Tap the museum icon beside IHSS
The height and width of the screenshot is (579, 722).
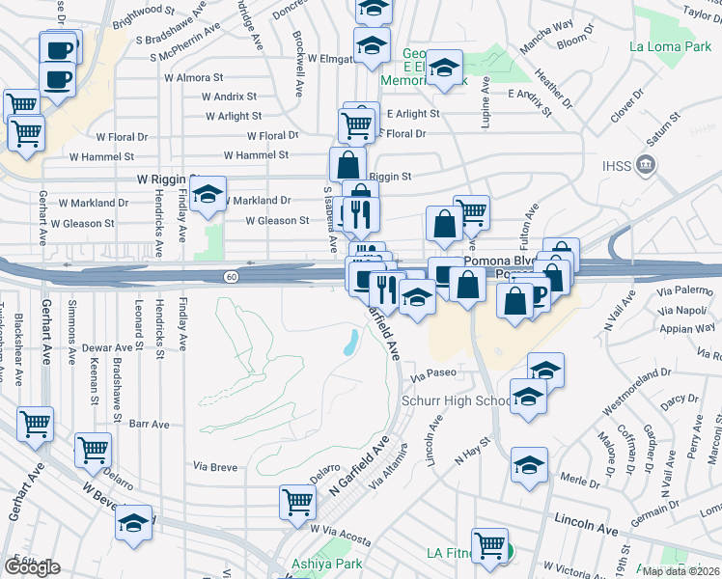coord(645,167)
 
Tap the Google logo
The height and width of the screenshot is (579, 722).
coord(32,567)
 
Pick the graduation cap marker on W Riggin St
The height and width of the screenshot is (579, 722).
coord(208,196)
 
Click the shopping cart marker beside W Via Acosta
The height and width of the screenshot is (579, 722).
coord(297,501)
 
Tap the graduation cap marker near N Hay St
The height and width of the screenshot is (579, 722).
coord(529,466)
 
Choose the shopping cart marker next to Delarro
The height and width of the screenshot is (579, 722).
coord(93,449)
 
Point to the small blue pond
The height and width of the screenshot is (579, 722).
coord(351,340)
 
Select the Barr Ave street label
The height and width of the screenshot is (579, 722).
coord(149,424)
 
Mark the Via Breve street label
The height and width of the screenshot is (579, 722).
coord(215,467)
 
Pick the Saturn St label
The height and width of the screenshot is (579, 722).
coord(666,133)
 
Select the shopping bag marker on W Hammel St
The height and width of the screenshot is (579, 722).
coord(347,164)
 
